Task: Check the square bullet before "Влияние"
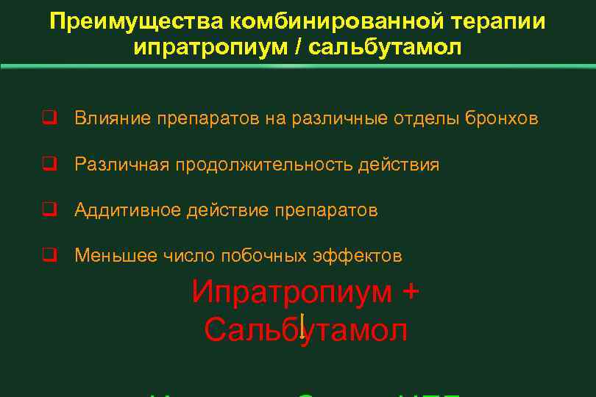(49, 118)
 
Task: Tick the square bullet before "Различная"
(49, 165)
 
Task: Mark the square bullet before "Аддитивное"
(49, 210)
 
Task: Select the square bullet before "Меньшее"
(49, 256)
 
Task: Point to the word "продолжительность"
(263, 165)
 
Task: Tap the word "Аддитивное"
(129, 210)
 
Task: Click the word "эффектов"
(360, 256)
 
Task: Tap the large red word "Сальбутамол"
(306, 330)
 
